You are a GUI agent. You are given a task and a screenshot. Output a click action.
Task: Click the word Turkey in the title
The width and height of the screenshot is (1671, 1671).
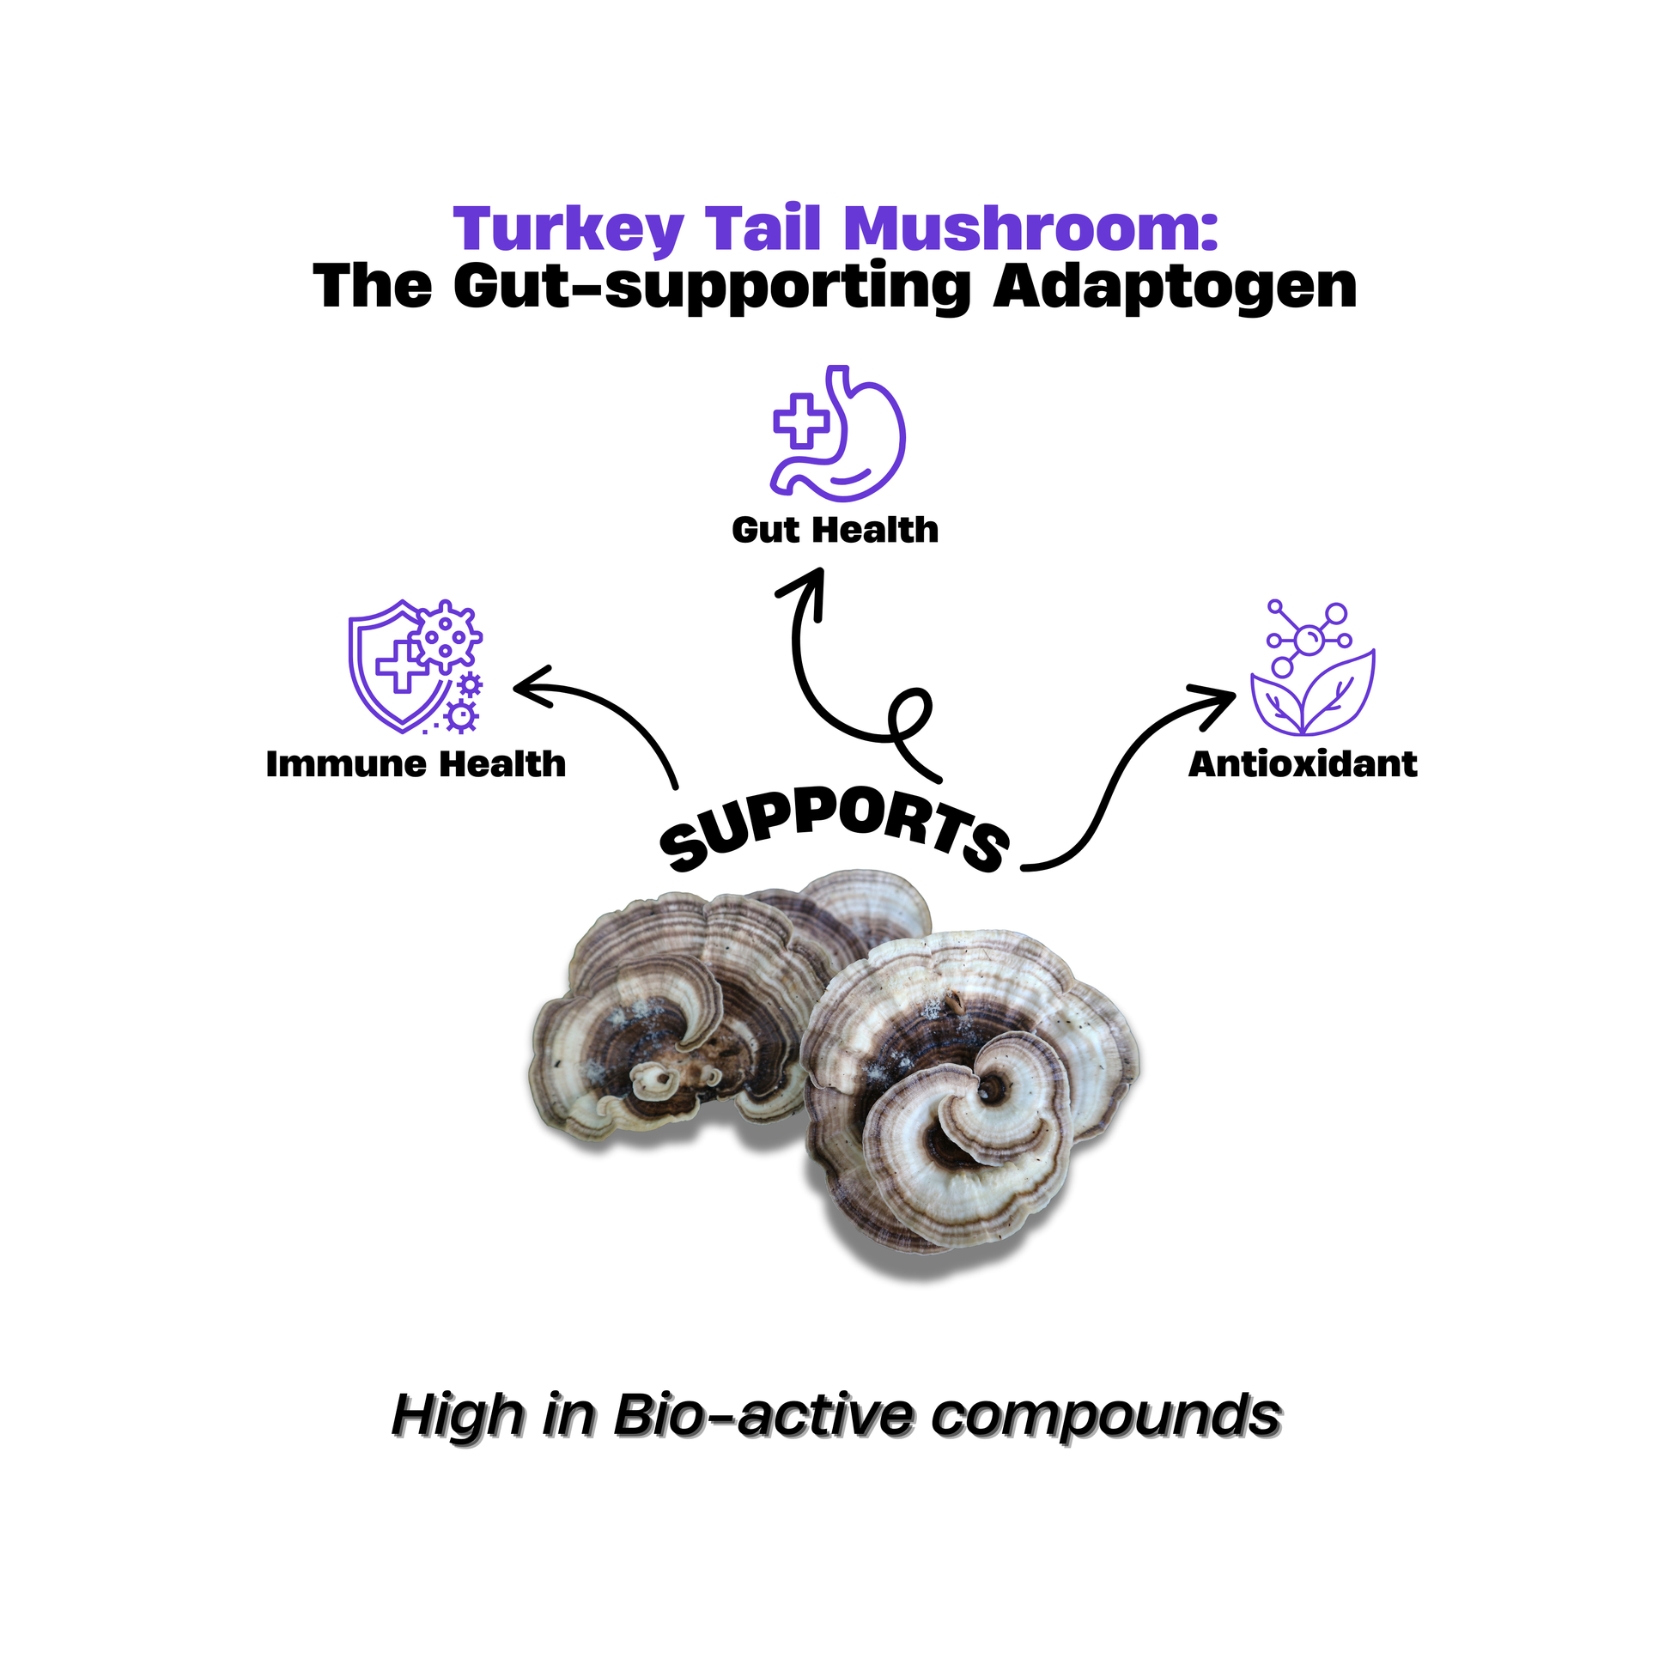[x=568, y=229]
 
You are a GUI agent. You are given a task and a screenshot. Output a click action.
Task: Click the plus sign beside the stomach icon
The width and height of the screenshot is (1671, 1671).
[x=801, y=422]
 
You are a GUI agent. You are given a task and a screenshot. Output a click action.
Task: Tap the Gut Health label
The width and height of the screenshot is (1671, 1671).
[x=835, y=529]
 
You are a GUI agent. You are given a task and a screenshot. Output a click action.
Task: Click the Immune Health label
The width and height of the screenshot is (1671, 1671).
[x=416, y=763]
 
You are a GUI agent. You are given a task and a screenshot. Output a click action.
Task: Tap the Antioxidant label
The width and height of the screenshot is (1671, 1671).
[x=1303, y=763]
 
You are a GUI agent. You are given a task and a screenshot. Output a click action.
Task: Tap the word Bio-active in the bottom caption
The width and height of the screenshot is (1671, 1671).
[x=762, y=1415]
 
